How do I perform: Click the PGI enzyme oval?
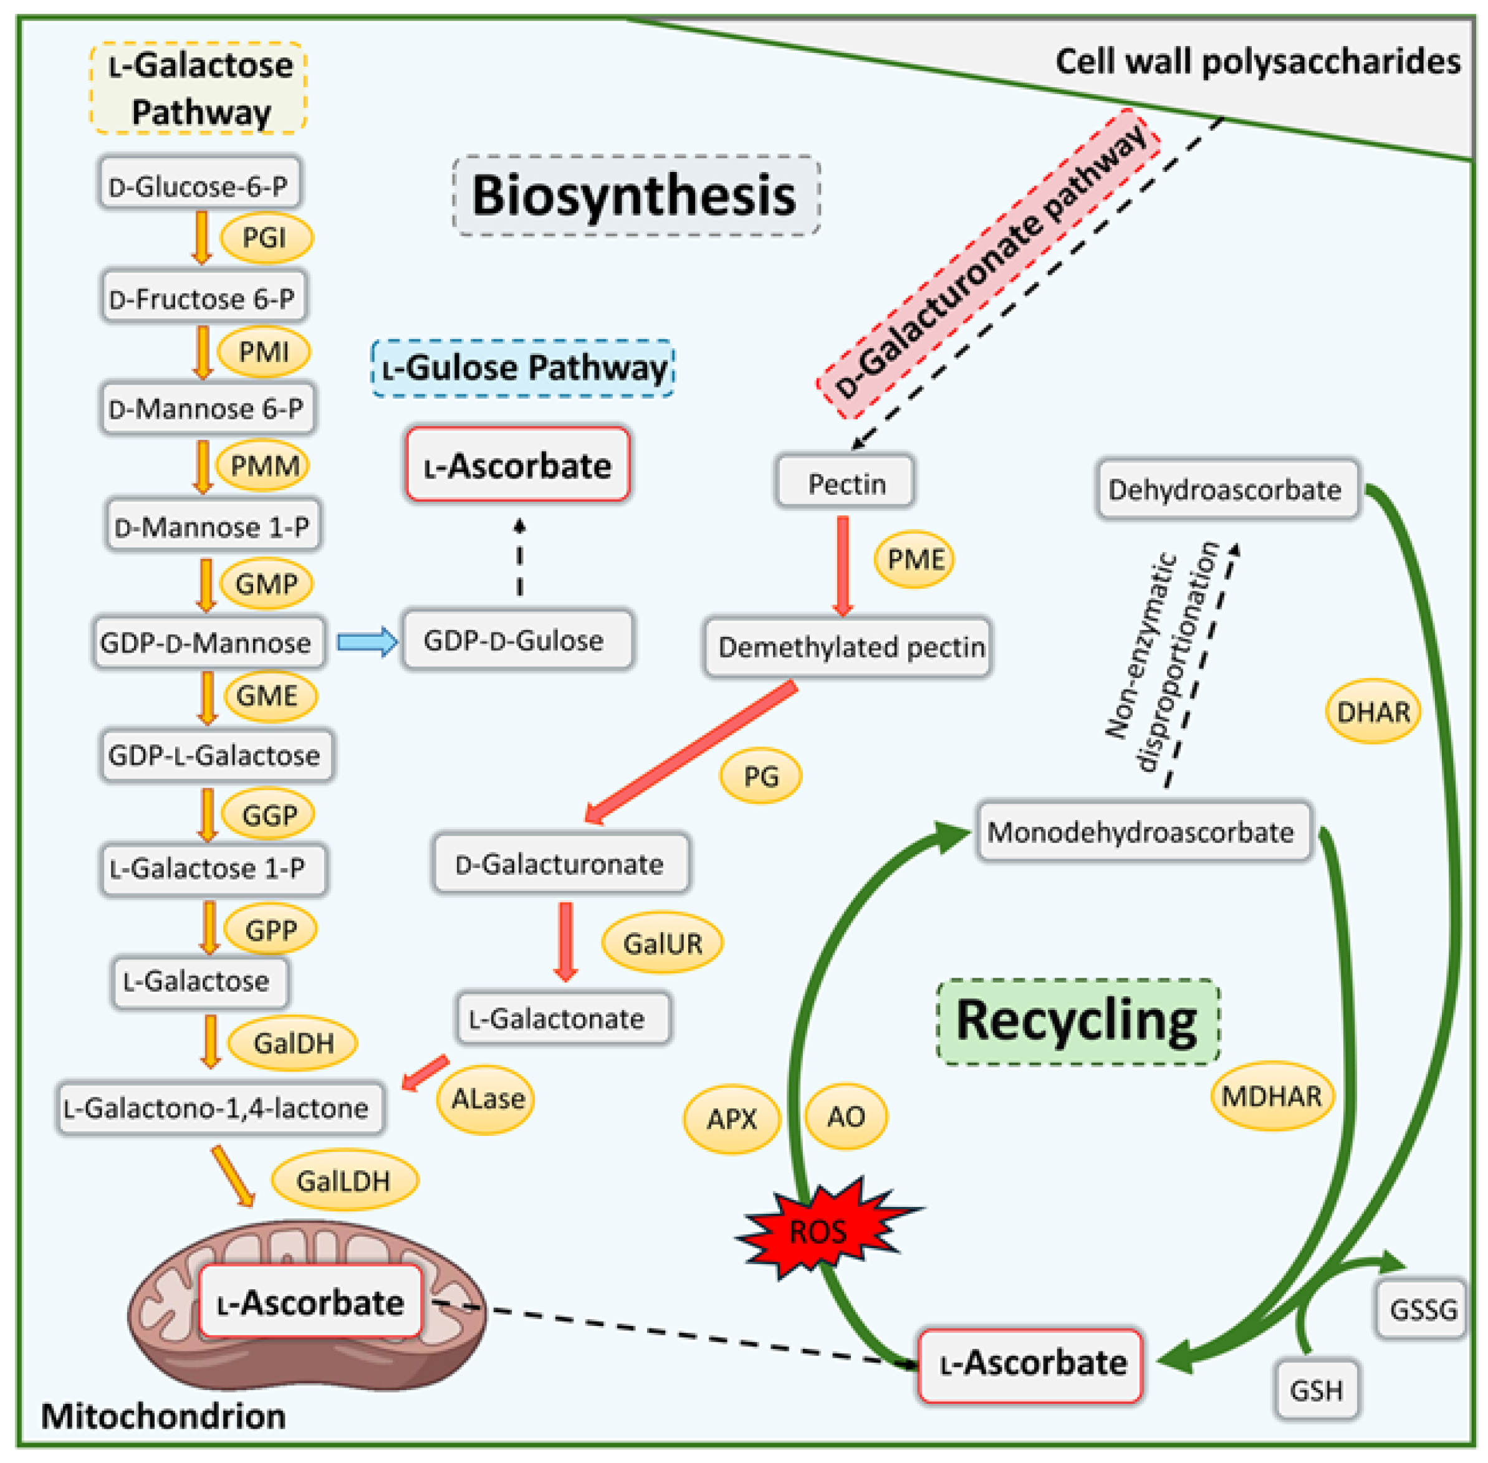tap(266, 237)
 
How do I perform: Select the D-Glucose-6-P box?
tap(199, 183)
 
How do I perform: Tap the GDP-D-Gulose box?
tap(517, 639)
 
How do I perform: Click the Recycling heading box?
tap(1078, 1022)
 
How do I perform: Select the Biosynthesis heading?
tap(636, 195)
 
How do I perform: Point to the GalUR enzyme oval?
tap(663, 943)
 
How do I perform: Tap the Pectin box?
tap(845, 482)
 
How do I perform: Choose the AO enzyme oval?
tap(846, 1116)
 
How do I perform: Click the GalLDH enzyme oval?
tap(344, 1180)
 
